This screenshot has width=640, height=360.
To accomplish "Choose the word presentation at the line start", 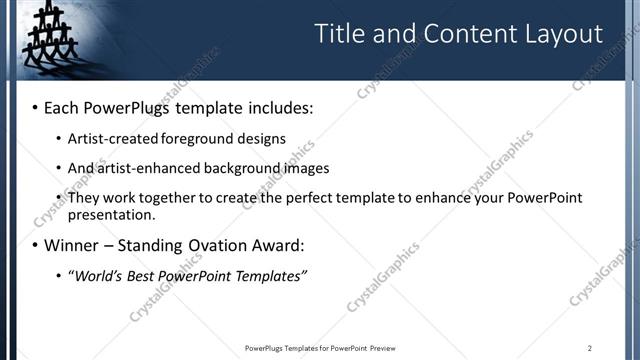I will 111,214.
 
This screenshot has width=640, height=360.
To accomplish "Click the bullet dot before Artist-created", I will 57,138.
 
